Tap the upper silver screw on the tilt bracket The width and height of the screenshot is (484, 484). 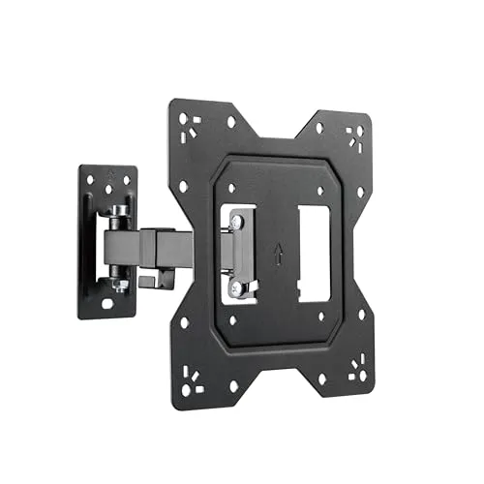(x=235, y=224)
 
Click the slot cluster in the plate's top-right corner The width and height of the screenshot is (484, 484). (x=355, y=133)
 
